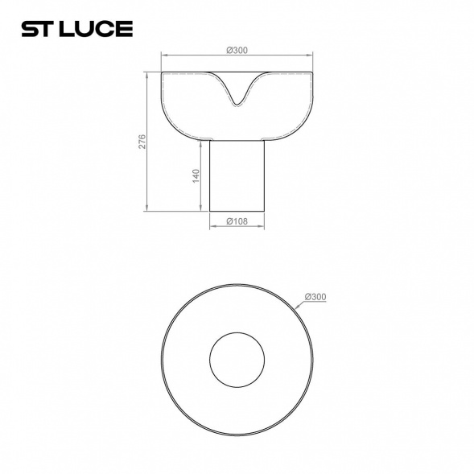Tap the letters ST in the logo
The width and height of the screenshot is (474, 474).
37,30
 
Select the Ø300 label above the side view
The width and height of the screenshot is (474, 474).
237,50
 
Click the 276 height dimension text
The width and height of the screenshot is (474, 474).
142,142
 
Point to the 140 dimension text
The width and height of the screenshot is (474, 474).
196,176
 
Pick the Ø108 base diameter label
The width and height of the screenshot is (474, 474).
237,221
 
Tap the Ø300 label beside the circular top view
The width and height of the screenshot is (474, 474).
316,297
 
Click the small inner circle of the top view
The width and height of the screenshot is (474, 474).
237,360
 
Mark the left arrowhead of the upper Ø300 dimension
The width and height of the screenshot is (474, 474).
163,56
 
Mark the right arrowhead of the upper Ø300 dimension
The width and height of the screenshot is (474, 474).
311,56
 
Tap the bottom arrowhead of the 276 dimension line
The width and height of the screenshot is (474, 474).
148,211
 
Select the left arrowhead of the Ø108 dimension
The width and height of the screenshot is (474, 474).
211,227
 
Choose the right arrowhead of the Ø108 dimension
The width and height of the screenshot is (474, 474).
263,227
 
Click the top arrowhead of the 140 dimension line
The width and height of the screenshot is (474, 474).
202,142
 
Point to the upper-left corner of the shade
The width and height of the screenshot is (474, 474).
163,73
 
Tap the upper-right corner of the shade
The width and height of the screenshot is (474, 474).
311,73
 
